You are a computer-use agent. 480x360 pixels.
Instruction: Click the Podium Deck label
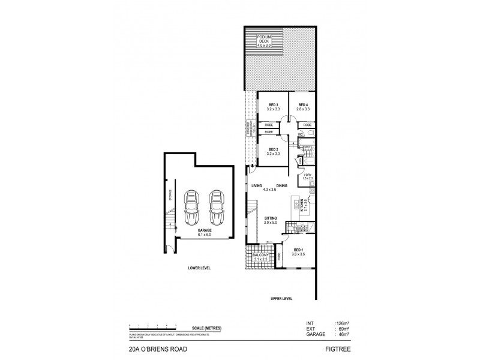coord(265,40)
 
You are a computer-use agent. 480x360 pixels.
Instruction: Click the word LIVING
coord(259,186)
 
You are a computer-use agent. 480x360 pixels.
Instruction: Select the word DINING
coord(283,186)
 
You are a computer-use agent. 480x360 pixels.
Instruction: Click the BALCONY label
coord(260,256)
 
